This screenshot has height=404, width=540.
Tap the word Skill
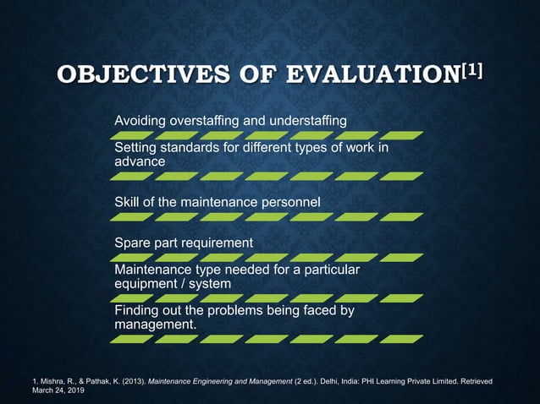point(128,201)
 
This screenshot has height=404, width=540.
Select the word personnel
point(290,201)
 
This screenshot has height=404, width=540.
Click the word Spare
point(134,243)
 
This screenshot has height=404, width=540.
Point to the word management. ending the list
point(155,325)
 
